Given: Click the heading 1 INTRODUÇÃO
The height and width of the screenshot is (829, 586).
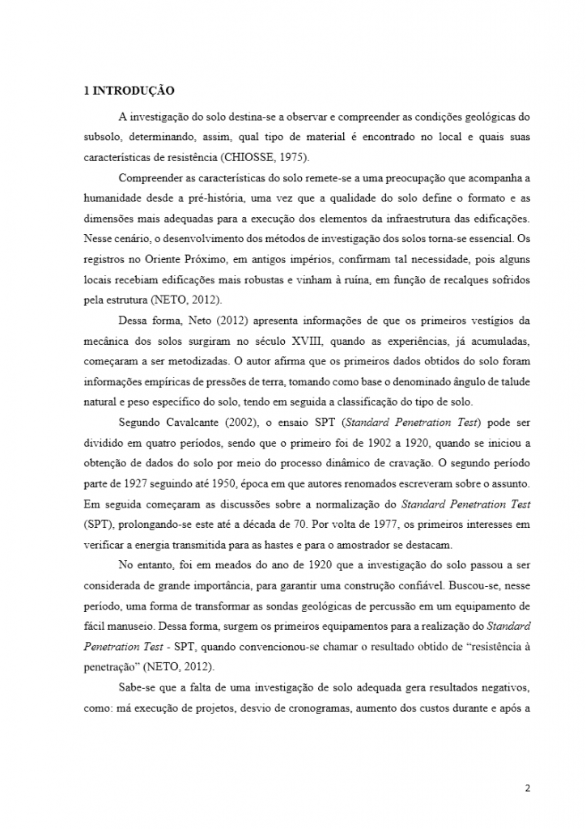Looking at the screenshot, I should coord(129,91).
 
